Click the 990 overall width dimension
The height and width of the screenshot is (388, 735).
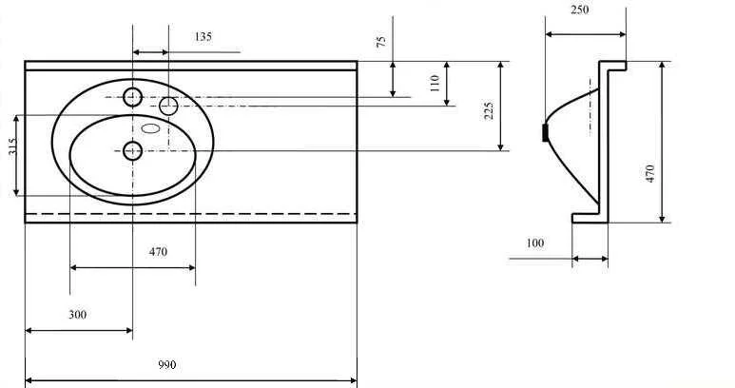pos(167,364)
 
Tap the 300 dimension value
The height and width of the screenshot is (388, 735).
pos(77,315)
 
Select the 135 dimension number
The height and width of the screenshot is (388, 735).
pos(203,36)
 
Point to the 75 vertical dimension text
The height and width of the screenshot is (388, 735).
pos(381,41)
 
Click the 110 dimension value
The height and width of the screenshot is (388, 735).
pos(435,83)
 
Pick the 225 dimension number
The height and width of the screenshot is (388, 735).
pos(489,111)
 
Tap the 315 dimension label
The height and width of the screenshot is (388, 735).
pos(11,145)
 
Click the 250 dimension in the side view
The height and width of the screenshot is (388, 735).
pos(579,10)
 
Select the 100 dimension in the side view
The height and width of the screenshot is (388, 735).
pos(534,242)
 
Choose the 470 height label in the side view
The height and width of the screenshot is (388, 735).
pos(649,173)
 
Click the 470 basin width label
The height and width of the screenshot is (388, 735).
pos(158,252)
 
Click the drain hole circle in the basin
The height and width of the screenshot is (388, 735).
pos(133,151)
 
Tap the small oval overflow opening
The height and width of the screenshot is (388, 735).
pos(151,128)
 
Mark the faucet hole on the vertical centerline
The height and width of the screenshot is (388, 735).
pos(133,97)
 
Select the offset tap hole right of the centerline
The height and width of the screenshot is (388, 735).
pos(168,107)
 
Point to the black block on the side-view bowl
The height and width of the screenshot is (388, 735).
pos(545,132)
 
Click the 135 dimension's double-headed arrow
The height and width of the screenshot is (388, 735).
pos(150,52)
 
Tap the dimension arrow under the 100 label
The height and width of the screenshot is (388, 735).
pos(590,259)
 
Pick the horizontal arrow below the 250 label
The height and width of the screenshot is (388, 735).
pos(586,34)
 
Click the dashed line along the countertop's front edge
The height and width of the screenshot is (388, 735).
pos(191,214)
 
